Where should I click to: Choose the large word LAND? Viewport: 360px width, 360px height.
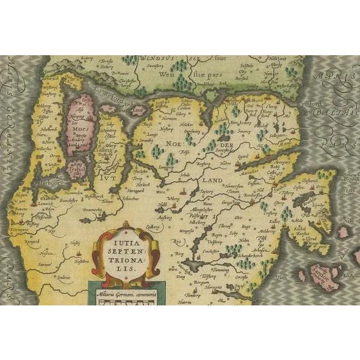click(x=212, y=180)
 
